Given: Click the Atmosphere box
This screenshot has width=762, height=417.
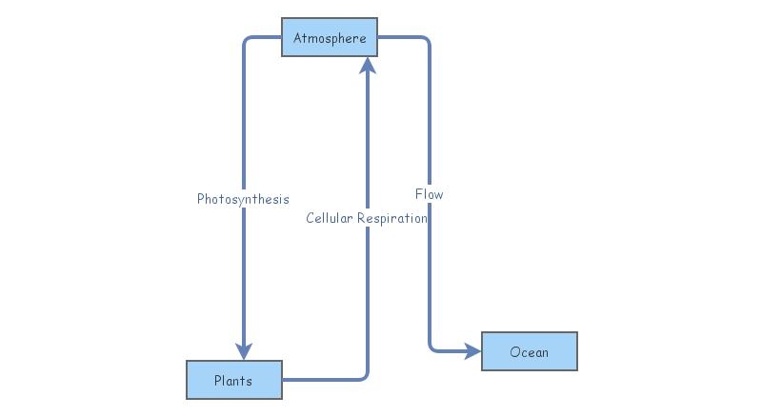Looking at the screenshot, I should [x=330, y=37].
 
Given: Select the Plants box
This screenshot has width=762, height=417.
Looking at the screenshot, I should [x=233, y=380].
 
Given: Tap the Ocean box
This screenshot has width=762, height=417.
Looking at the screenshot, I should [x=529, y=351].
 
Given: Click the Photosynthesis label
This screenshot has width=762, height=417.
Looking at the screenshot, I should [x=243, y=199].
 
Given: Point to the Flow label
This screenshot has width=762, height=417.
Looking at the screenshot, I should [x=429, y=194].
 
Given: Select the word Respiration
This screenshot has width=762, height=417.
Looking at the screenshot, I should [x=392, y=218].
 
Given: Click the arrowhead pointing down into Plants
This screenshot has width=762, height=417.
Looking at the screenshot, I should [x=244, y=350].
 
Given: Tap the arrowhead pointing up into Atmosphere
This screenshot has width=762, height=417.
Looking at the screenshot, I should [x=368, y=65].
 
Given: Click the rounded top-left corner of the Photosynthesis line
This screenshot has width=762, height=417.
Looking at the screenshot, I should [x=247, y=41].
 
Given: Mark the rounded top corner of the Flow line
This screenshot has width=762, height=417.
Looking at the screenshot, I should [x=426, y=41].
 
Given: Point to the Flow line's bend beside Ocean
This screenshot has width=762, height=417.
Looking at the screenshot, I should [x=432, y=347].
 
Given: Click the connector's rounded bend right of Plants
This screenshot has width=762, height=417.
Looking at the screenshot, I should [x=364, y=376].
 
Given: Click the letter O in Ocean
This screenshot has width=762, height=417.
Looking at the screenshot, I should [x=514, y=351].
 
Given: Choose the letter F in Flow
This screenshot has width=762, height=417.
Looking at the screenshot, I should [x=419, y=194].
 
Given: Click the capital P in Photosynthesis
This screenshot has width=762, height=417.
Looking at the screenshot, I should [x=201, y=199].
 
